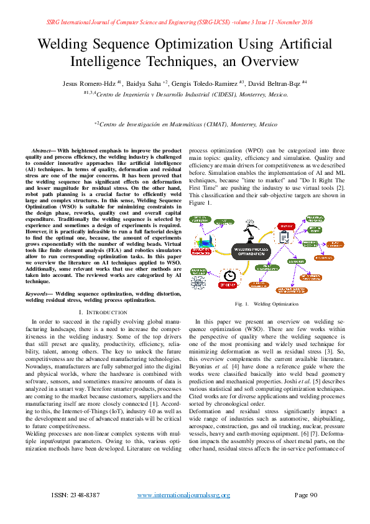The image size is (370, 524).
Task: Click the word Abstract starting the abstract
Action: tap(44, 151)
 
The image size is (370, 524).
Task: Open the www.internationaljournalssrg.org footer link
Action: tap(183, 495)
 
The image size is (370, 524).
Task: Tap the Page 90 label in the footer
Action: tap(306, 495)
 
